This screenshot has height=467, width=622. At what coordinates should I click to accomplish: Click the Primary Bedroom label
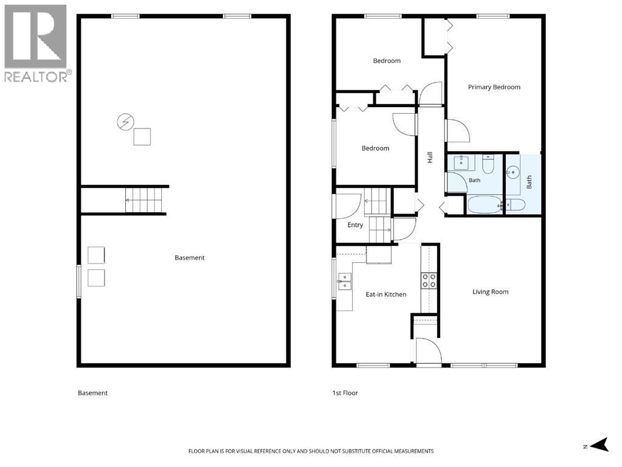494,88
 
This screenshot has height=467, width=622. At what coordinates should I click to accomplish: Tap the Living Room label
490,292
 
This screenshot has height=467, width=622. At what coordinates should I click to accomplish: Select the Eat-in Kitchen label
386,294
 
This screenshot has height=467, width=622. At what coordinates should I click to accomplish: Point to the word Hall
430,157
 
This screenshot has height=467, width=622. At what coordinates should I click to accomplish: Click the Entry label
355,225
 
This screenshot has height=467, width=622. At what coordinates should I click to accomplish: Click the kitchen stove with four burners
429,280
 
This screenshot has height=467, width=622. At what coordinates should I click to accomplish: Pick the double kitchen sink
344,282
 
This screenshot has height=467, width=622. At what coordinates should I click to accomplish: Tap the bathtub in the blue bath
485,205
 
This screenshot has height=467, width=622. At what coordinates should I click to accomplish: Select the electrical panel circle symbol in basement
125,122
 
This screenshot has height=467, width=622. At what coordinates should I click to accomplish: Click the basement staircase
143,201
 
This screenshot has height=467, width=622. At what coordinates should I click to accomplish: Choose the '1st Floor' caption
345,393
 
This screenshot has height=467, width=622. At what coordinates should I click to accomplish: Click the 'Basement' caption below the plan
92,393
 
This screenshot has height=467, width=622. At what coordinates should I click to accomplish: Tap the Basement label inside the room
190,257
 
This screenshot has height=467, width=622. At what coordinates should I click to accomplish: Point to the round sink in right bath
513,173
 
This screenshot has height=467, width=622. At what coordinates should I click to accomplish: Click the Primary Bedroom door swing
458,131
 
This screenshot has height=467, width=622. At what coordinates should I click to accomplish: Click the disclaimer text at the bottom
311,451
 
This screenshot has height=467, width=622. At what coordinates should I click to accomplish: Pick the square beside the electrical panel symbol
142,137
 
